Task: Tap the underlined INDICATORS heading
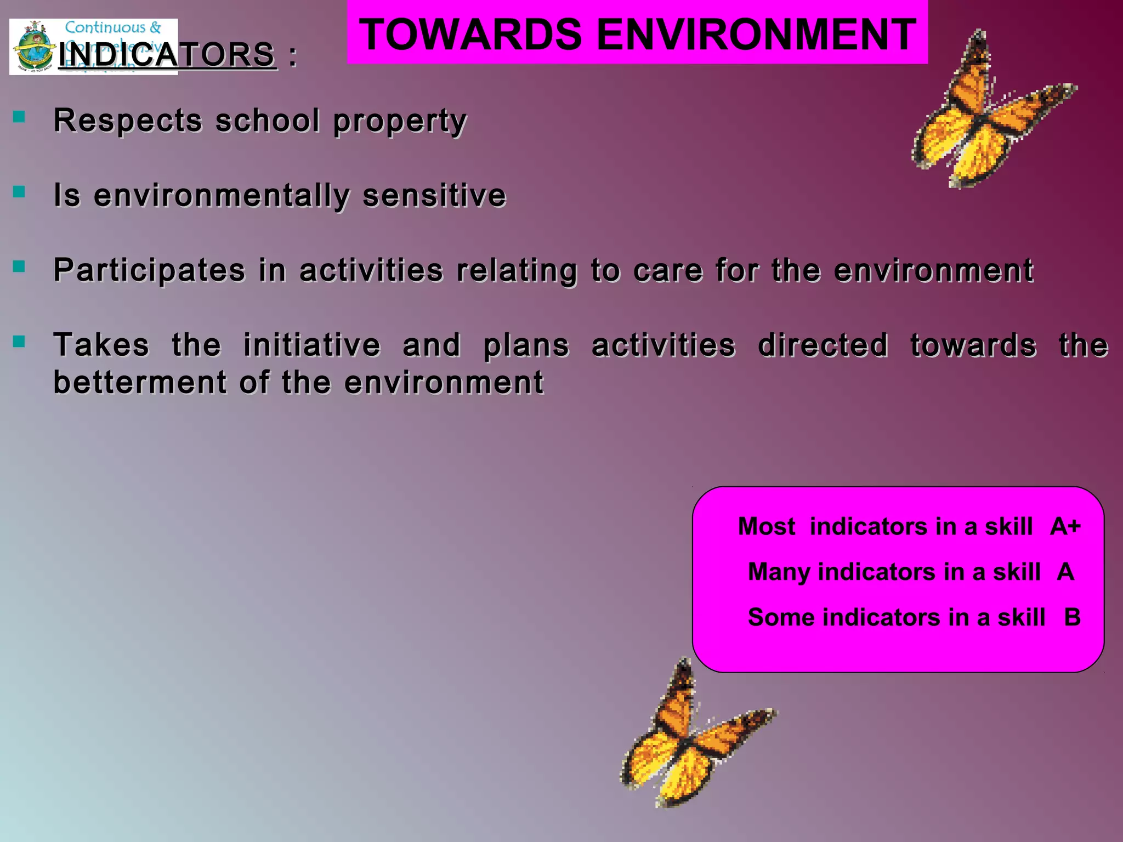tap(167, 55)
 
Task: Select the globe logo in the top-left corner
tap(34, 48)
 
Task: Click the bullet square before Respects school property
tap(19, 116)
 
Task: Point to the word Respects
tap(128, 120)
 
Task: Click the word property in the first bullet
tap(400, 121)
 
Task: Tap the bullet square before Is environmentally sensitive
tap(19, 191)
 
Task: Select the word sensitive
tap(434, 195)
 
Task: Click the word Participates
tap(149, 270)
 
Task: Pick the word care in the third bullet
tap(667, 270)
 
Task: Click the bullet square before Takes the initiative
tap(19, 342)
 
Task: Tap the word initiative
tap(311, 345)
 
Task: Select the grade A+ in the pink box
tap(1065, 526)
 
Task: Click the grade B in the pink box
tap(1072, 617)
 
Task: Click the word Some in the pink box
tap(781, 617)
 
